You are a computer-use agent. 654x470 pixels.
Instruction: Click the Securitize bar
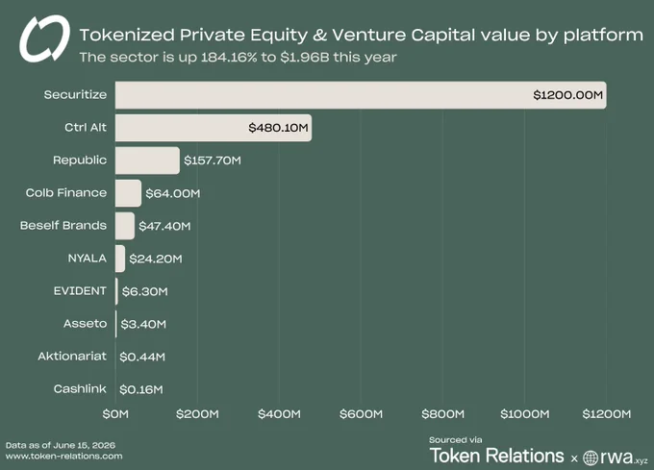pos(361,95)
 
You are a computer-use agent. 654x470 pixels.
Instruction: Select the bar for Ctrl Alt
pos(214,128)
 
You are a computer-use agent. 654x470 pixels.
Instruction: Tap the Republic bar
pos(148,161)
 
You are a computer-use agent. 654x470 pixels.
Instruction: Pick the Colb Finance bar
pos(129,193)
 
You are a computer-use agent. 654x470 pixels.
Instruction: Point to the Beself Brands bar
pos(125,226)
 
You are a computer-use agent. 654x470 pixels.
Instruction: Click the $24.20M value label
pos(156,259)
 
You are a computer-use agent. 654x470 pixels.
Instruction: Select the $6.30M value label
pos(144,291)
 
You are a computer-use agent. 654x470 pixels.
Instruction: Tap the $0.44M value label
pos(142,357)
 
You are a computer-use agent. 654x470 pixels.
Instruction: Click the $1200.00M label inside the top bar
pos(568,95)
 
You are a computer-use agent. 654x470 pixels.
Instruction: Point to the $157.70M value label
pos(213,161)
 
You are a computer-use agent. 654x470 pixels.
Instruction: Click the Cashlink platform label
pos(80,389)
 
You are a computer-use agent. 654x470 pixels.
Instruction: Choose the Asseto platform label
pos(85,324)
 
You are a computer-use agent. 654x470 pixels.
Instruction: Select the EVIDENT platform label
pos(80,291)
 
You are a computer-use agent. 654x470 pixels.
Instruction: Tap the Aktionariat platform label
pos(72,357)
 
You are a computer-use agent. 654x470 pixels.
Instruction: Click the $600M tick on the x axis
pos(362,414)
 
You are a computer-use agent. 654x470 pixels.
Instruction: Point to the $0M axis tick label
pos(115,414)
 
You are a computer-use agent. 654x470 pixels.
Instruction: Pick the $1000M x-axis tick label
pos(525,414)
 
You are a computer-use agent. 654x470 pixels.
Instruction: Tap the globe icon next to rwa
pos(591,458)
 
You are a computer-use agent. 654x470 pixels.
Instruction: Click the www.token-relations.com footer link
pos(64,457)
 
